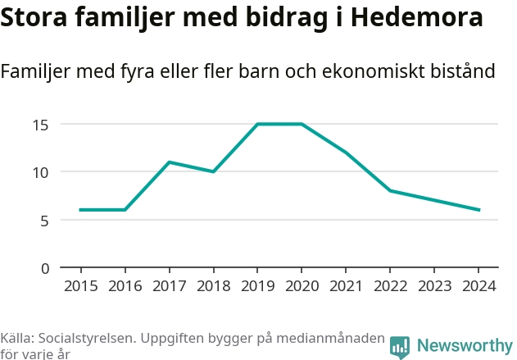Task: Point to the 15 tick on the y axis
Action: point(42,125)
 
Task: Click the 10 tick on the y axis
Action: point(42,172)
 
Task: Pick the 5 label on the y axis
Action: point(46,220)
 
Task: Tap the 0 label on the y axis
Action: point(46,268)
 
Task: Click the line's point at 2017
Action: point(169,162)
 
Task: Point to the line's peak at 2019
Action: point(257,124)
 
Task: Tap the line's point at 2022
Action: point(390,191)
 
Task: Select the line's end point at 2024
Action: point(478,210)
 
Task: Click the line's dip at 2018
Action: point(213,171)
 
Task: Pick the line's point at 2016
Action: point(125,210)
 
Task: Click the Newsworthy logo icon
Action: point(400,346)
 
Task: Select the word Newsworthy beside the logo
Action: point(464,345)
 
